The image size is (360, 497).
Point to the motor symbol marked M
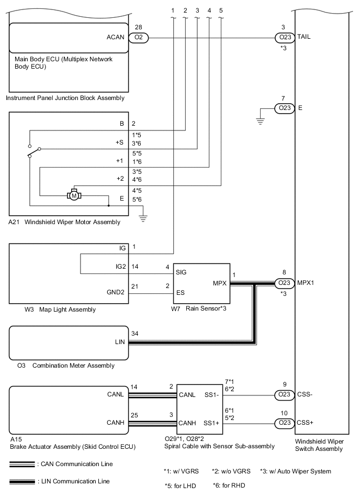tap(74, 195)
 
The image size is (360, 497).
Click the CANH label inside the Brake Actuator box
tap(115, 423)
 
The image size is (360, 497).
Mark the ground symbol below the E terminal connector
tap(260, 119)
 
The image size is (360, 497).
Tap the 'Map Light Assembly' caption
tap(67, 310)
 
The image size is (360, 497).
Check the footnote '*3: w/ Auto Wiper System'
tap(295, 471)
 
